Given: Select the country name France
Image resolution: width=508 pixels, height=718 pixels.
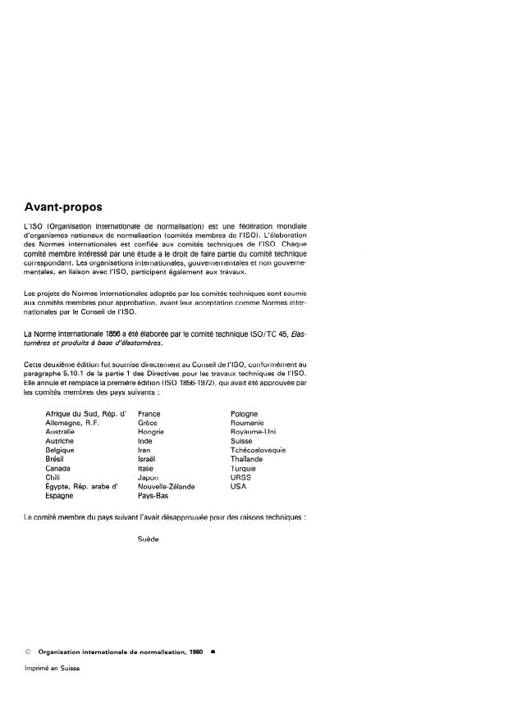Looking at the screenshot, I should (x=149, y=414).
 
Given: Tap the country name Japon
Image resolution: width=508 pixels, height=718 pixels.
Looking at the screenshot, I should (x=149, y=477).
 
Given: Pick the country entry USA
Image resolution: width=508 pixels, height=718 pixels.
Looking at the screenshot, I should (x=239, y=486).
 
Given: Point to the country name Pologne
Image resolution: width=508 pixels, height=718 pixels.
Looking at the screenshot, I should (x=245, y=414).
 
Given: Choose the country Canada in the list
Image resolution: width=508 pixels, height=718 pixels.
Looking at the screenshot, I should (x=57, y=468).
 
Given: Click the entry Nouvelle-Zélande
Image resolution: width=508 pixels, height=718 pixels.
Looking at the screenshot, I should (x=167, y=486).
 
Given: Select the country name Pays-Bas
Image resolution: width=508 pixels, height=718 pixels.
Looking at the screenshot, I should (x=153, y=496).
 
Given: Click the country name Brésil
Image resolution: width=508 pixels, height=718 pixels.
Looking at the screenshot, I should (x=56, y=459).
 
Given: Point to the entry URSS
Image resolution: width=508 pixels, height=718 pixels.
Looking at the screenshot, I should (x=241, y=477).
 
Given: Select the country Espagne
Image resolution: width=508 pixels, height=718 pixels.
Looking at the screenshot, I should (x=60, y=496).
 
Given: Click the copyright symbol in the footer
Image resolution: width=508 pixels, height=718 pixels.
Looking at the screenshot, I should (x=28, y=652).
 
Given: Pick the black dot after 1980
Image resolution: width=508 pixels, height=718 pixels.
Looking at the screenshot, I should (x=213, y=652).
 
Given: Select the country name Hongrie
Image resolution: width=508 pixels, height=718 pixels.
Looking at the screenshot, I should (x=152, y=432).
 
